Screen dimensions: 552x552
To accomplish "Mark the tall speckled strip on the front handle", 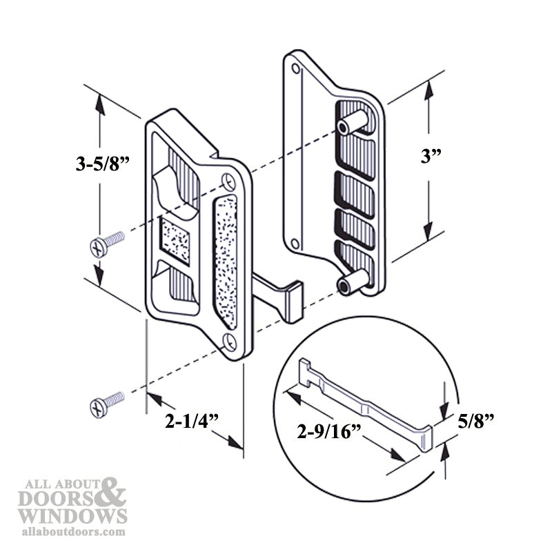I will coord(226,259).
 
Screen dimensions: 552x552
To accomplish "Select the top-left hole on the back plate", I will coord(297,70).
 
